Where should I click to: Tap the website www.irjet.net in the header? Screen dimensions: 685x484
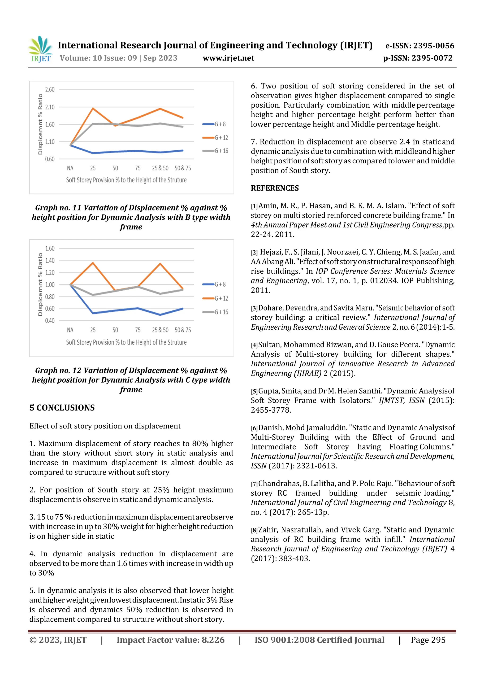pyautogui.click(x=229, y=58)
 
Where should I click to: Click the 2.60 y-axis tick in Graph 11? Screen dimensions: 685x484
pyautogui.click(x=50, y=90)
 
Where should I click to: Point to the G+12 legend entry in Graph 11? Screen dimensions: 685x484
pyautogui.click(x=221, y=138)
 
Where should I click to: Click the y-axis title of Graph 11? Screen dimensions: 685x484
pyautogui.click(x=40, y=124)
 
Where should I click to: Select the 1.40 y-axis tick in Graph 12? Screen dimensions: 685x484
pyautogui.click(x=50, y=261)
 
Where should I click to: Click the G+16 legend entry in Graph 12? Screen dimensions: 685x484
pyautogui.click(x=221, y=312)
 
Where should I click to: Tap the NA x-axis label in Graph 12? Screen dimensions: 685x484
pyautogui.click(x=70, y=330)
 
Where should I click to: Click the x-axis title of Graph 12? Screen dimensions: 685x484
pyautogui.click(x=126, y=342)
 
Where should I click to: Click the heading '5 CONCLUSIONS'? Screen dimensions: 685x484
pyautogui.click(x=62, y=408)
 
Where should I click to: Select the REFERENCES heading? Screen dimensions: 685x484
pyautogui.click(x=275, y=188)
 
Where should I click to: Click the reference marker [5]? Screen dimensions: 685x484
pyautogui.click(x=254, y=391)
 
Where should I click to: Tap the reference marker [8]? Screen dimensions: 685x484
pyautogui.click(x=254, y=530)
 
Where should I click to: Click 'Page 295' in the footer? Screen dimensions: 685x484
pyautogui.click(x=428, y=640)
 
